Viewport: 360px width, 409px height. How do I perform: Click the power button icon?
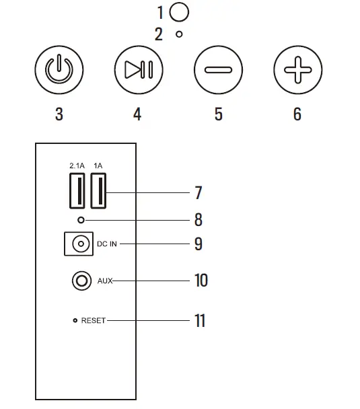[59, 71]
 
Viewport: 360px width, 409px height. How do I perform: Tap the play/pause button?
[138, 71]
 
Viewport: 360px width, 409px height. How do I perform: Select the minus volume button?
[217, 71]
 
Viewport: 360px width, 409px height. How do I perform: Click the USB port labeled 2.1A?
[77, 192]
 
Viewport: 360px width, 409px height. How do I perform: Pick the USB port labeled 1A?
[98, 192]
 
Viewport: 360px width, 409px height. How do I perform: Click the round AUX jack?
[82, 281]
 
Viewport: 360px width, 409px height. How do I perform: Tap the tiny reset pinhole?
[75, 321]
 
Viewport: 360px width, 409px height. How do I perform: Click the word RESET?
[93, 321]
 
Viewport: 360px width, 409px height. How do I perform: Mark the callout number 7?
[198, 192]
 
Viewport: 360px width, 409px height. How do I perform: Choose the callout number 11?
[200, 321]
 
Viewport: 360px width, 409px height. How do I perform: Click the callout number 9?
[198, 243]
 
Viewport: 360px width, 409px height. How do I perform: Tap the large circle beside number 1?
[179, 11]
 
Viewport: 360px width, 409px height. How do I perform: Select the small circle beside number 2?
[179, 34]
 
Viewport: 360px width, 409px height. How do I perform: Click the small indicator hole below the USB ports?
[81, 220]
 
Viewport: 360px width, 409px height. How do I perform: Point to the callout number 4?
[137, 114]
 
